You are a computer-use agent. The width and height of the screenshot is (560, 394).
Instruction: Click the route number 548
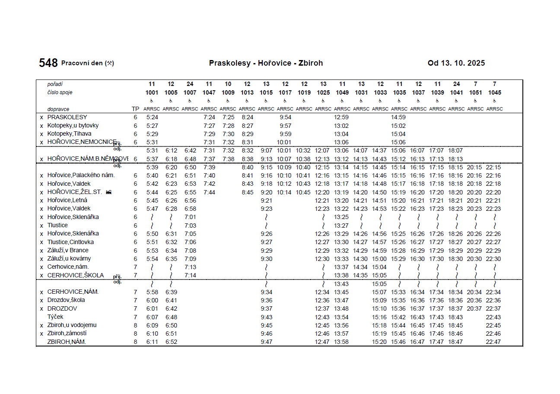point(48,63)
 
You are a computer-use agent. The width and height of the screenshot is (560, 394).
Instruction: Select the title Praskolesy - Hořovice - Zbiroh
point(266,63)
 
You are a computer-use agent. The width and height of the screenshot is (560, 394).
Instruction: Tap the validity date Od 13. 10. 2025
point(456,63)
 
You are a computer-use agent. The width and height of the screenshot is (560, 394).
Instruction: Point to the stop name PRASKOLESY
point(67,117)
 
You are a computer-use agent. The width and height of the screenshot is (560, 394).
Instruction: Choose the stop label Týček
point(55,317)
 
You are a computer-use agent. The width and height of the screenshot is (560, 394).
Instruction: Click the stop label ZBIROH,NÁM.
point(67,342)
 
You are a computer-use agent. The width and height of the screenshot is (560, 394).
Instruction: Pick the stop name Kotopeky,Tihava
point(69,134)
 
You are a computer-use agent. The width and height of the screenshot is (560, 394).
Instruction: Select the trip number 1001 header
point(152,92)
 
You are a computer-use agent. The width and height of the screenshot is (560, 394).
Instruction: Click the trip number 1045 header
point(494,92)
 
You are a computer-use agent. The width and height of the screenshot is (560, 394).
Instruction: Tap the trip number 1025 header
point(323,92)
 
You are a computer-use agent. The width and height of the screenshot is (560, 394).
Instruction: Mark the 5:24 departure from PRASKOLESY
point(152,117)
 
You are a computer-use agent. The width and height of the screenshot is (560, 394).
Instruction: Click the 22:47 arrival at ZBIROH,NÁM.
point(493,342)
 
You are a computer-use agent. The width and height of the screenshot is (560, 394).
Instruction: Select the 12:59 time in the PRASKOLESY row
point(341,117)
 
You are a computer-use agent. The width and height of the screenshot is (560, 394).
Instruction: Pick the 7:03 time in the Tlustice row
point(190,226)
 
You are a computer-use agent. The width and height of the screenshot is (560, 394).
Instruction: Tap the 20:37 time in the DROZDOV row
point(474,308)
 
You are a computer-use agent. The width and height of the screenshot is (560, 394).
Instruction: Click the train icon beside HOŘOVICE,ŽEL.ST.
point(108,192)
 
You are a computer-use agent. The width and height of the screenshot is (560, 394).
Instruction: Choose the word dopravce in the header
point(58,109)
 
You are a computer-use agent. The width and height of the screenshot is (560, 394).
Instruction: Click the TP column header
point(135,109)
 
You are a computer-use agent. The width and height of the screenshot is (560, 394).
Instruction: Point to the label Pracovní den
point(82,63)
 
